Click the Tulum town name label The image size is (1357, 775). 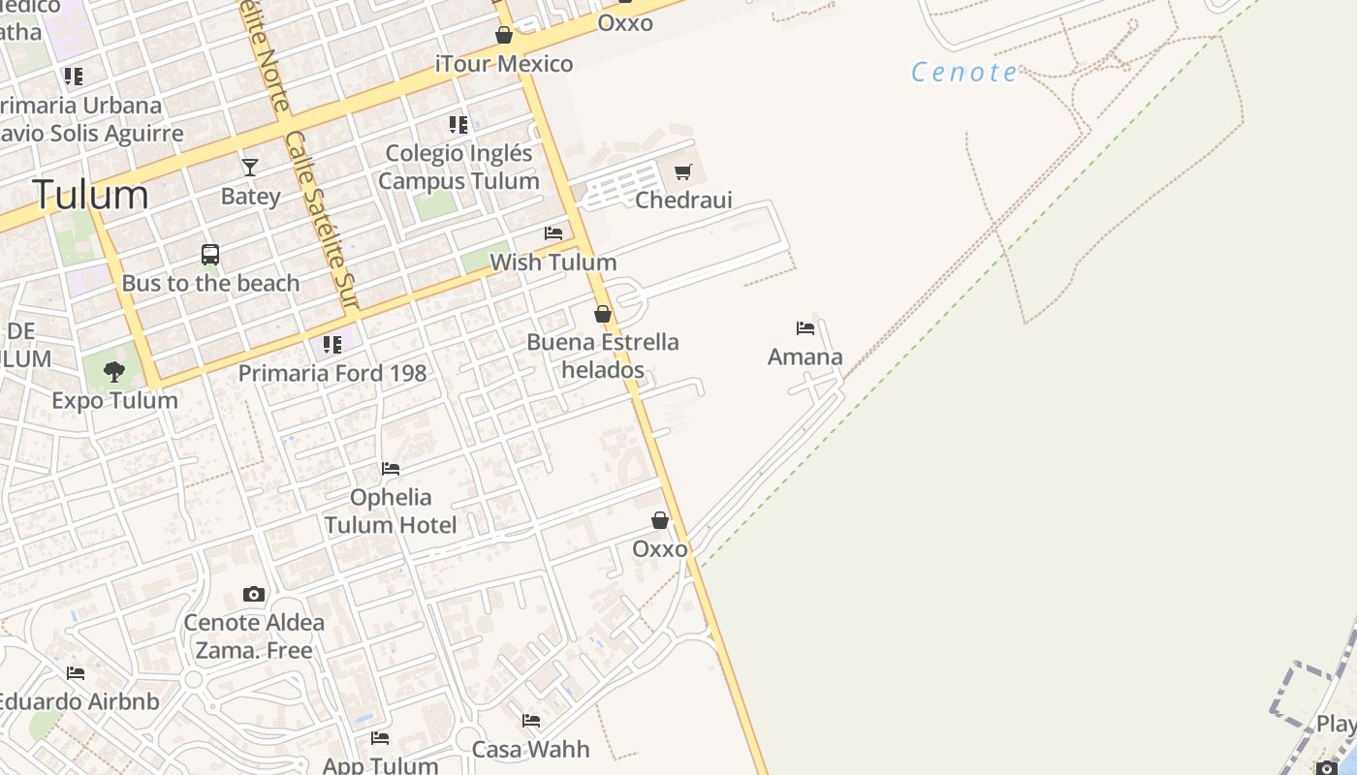(90, 195)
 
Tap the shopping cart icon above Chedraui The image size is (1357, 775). (683, 172)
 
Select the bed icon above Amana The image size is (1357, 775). (805, 328)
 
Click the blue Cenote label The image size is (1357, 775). (964, 73)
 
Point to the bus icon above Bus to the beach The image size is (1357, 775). (210, 255)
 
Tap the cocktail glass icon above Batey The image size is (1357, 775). (250, 168)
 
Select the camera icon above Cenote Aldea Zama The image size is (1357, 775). (254, 594)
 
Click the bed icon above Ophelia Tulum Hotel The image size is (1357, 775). (391, 469)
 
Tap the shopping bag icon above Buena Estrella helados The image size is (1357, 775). (603, 314)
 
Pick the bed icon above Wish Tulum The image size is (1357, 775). (553, 233)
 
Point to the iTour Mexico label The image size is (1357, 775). (504, 64)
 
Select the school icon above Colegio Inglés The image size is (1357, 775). (458, 125)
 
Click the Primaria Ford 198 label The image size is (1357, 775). (331, 373)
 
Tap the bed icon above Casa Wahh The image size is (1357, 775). (531, 721)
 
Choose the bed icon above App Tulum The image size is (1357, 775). (380, 738)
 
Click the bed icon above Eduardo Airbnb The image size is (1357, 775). (76, 673)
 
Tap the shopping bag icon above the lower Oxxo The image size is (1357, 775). (660, 521)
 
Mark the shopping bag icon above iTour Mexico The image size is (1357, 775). (504, 36)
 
